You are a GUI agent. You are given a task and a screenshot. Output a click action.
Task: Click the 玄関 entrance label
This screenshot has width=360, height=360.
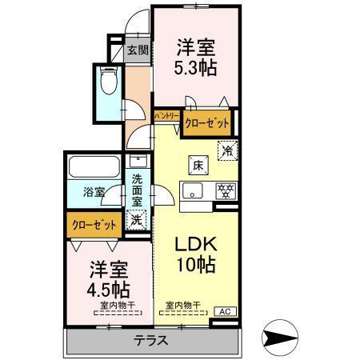pyautogui.click(x=138, y=50)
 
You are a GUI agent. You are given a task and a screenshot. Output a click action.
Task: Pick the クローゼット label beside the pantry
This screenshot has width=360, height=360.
pyautogui.click(x=205, y=122)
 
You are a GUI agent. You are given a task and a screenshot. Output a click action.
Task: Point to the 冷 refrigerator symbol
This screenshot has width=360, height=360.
pyautogui.click(x=227, y=150)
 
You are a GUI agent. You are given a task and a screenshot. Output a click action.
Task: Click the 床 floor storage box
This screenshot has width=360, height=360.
pyautogui.click(x=196, y=166)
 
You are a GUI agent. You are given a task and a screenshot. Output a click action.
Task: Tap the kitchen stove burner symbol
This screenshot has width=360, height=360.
pyautogui.click(x=226, y=190)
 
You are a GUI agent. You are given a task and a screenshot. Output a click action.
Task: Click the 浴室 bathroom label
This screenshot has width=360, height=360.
pyautogui.click(x=94, y=191)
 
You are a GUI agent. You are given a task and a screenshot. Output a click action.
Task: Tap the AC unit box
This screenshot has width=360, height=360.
pyautogui.click(x=224, y=311)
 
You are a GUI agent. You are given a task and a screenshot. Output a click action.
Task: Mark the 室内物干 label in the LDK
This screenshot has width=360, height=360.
pyautogui.click(x=183, y=304)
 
